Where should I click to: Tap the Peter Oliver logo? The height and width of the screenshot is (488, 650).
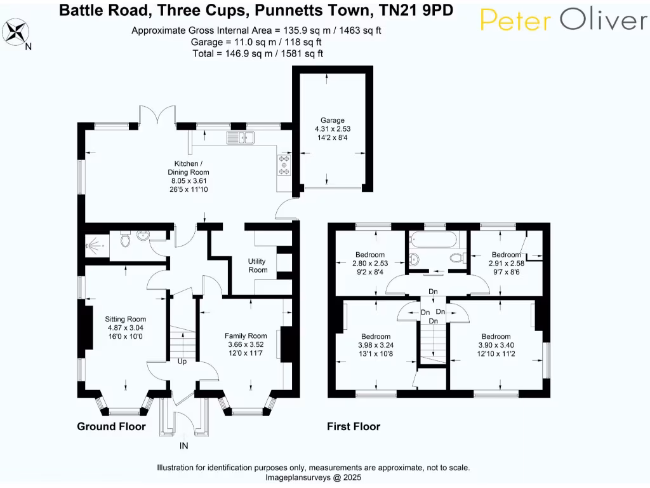click(563, 20)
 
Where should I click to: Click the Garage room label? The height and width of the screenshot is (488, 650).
click(332, 120)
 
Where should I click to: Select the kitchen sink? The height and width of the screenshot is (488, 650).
click(241, 137)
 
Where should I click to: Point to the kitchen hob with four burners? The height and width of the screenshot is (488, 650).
click(283, 165)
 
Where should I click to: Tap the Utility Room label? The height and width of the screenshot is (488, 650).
click(258, 266)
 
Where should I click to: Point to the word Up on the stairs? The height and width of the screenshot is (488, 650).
click(182, 362)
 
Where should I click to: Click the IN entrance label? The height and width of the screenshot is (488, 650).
click(183, 446)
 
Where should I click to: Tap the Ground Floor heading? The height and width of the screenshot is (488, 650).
click(111, 426)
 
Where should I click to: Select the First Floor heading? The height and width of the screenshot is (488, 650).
click(354, 426)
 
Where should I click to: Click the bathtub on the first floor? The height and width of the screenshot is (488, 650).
click(434, 240)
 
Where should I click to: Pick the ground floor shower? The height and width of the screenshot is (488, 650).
click(96, 244)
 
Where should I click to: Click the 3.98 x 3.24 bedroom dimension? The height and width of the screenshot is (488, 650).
click(376, 345)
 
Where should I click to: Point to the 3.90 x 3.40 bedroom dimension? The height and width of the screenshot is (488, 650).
click(496, 345)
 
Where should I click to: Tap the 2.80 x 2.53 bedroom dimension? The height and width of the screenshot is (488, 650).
click(369, 263)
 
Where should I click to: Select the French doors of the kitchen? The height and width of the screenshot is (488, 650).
click(157, 116)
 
